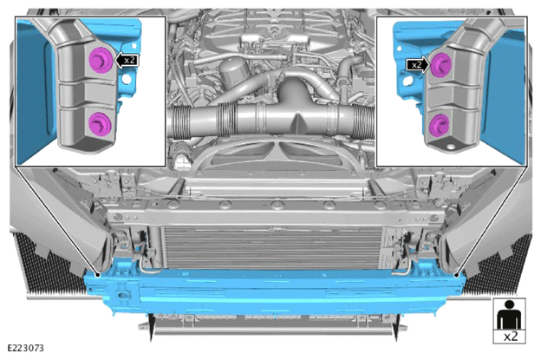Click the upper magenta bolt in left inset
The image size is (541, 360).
pyautogui.click(x=101, y=60)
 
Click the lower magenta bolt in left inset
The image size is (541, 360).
pyautogui.click(x=100, y=124)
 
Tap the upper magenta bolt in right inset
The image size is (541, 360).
pyautogui.click(x=440, y=65)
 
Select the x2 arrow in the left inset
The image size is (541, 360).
pyautogui.click(x=127, y=61)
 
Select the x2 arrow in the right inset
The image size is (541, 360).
pyautogui.click(x=418, y=64)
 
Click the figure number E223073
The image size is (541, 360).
pyautogui.click(x=25, y=348)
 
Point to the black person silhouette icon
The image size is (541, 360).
pyautogui.click(x=509, y=314)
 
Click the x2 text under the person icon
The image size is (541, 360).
pyautogui.click(x=511, y=337)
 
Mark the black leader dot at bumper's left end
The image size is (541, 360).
pyautogui.click(x=98, y=275)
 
